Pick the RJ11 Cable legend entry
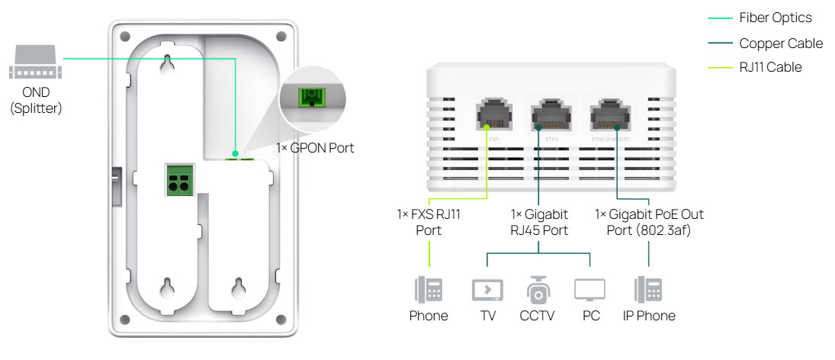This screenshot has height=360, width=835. tap(770, 67)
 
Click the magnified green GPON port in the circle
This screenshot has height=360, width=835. tap(311, 98)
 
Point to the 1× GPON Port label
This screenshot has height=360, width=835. tap(316, 148)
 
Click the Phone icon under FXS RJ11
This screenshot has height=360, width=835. tap(428, 291)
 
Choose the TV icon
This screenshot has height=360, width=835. tap(487, 291)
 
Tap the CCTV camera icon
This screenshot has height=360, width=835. tap(538, 289)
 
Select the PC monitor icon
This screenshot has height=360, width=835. tap(589, 291)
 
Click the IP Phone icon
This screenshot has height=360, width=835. tap(647, 291)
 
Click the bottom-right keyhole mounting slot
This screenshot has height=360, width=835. tap(240, 289)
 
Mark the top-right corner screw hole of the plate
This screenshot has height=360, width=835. tap(281, 36)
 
